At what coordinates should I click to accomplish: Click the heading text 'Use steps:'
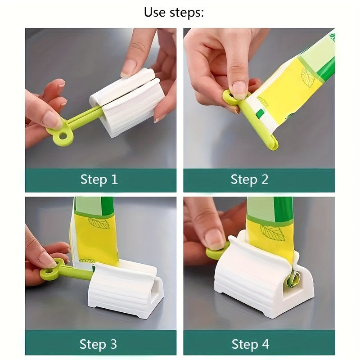(174, 12)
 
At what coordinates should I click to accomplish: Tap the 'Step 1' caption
(99, 180)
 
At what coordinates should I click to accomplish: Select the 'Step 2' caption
(249, 180)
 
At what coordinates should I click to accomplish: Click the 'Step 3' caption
(98, 344)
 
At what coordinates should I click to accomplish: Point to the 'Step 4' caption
(250, 344)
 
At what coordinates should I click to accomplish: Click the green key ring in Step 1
(59, 135)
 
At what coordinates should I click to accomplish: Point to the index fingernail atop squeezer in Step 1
(129, 67)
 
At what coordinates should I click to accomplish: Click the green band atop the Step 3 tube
(94, 205)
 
